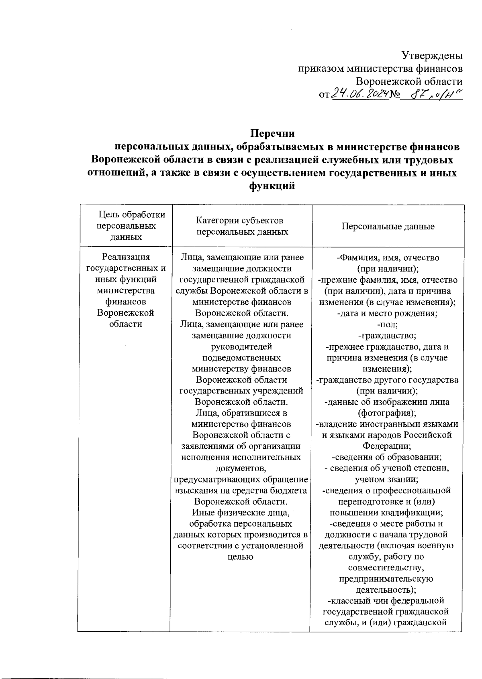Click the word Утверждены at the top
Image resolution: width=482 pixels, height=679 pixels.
pos(432,55)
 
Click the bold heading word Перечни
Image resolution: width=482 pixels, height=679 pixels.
pos(273,133)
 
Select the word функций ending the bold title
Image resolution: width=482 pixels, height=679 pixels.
pos(272,186)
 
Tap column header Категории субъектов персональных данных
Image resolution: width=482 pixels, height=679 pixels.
pos(242,226)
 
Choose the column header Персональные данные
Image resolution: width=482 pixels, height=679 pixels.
pos(388,226)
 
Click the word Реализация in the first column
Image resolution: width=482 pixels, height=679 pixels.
pos(126,257)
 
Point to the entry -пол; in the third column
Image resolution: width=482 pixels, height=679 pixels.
pos(388,324)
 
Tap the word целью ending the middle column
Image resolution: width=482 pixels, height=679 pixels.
pos(241,557)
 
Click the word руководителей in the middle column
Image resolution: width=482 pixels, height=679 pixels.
pos(241,346)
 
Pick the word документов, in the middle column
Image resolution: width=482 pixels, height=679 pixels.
pos(241,468)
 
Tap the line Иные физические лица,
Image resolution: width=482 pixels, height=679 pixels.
pos(241,512)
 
